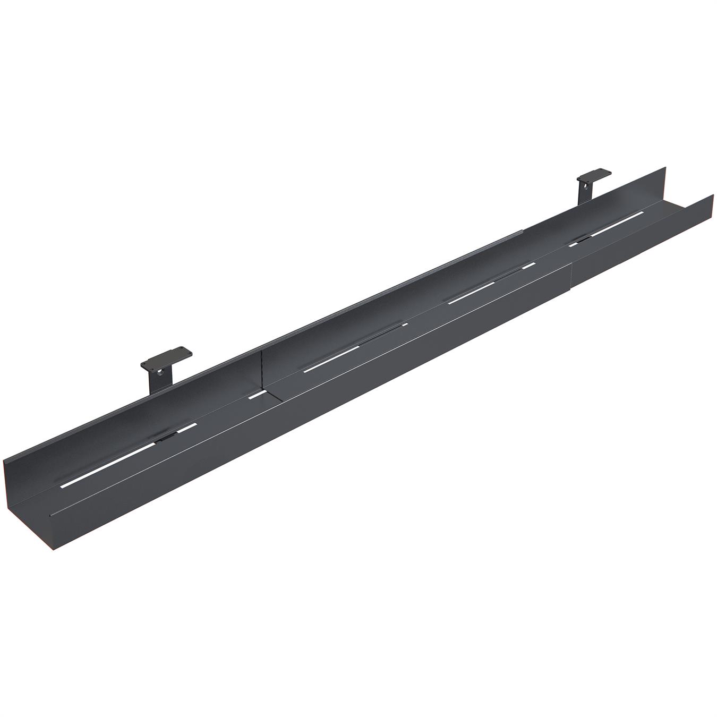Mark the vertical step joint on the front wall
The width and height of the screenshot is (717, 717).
pyautogui.click(x=571, y=266)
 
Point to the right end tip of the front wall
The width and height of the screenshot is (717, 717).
pyautogui.click(x=713, y=196)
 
